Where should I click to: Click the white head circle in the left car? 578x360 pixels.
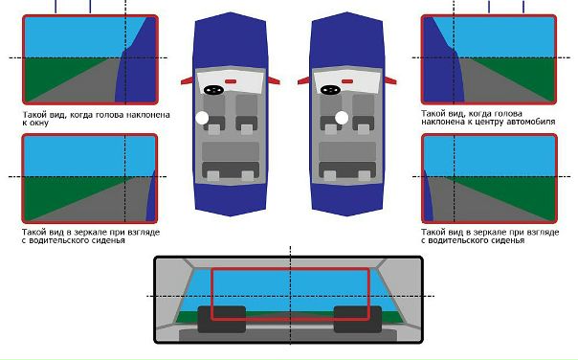click(x=202, y=118)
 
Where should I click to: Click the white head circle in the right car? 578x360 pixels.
click(x=342, y=118)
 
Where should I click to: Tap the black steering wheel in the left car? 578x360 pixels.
click(x=213, y=90)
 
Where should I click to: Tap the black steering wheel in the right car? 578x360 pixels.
click(x=331, y=90)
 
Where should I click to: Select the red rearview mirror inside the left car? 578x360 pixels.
click(x=231, y=81)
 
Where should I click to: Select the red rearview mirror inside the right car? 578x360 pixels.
click(x=347, y=81)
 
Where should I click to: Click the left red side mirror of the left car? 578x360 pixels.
click(x=187, y=80)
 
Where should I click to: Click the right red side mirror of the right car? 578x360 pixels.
click(x=390, y=80)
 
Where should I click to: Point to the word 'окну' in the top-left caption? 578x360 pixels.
click(x=35, y=123)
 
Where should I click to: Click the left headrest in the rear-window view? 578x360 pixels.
click(x=222, y=319)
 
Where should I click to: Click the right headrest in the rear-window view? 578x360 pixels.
click(x=358, y=319)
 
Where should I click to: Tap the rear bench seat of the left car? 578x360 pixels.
click(x=231, y=161)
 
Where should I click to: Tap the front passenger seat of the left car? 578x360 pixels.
click(x=247, y=114)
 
